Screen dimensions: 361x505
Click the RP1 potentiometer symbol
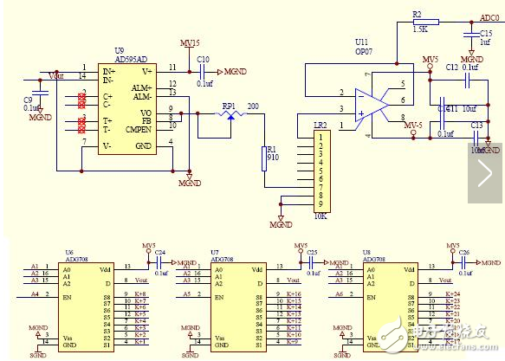[229, 115]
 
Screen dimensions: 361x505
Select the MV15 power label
[190, 42]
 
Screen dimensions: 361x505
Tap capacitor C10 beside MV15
[204, 59]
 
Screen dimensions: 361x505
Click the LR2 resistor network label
[320, 125]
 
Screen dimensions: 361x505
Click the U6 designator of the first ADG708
[69, 252]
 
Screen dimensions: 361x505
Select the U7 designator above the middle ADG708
[214, 252]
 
